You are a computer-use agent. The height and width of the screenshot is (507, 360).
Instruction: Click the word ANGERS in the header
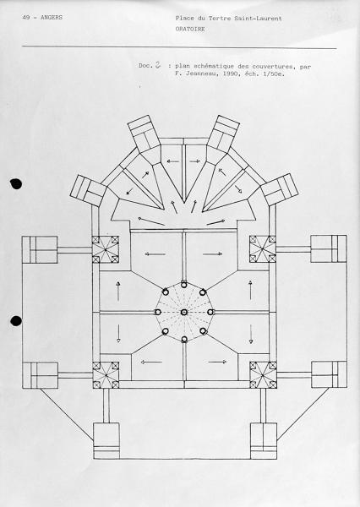click(52, 18)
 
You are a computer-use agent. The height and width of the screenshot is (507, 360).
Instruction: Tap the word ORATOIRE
click(190, 29)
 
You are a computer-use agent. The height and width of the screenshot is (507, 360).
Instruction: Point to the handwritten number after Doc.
click(158, 64)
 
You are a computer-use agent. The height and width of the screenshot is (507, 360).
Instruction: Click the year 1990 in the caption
click(231, 74)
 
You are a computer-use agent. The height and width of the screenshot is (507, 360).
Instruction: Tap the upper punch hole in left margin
click(16, 183)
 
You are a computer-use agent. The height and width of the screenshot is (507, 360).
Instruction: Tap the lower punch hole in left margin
click(16, 321)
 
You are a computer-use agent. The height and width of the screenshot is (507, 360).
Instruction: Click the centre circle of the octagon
click(184, 312)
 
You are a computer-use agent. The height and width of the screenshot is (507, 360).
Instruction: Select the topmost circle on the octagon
click(184, 285)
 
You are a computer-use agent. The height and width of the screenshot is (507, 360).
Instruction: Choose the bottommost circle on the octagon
click(184, 339)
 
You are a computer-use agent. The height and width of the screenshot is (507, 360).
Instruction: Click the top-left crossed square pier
click(106, 249)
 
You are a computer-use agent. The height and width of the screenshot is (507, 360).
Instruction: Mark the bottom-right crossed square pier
click(263, 374)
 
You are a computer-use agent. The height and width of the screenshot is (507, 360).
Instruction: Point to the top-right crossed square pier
click(263, 249)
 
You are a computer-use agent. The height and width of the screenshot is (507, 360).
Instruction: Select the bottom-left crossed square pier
click(106, 375)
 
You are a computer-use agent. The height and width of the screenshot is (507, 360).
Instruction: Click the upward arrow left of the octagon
click(118, 291)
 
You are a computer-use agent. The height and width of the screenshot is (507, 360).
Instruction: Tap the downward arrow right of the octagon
click(251, 335)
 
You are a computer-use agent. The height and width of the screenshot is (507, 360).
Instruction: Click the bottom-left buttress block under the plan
click(106, 441)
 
